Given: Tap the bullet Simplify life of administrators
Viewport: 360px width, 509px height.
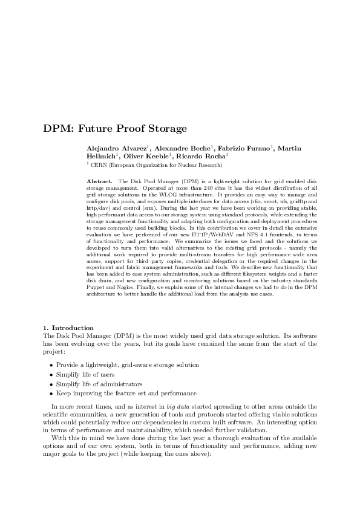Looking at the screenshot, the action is pos(99,384).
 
